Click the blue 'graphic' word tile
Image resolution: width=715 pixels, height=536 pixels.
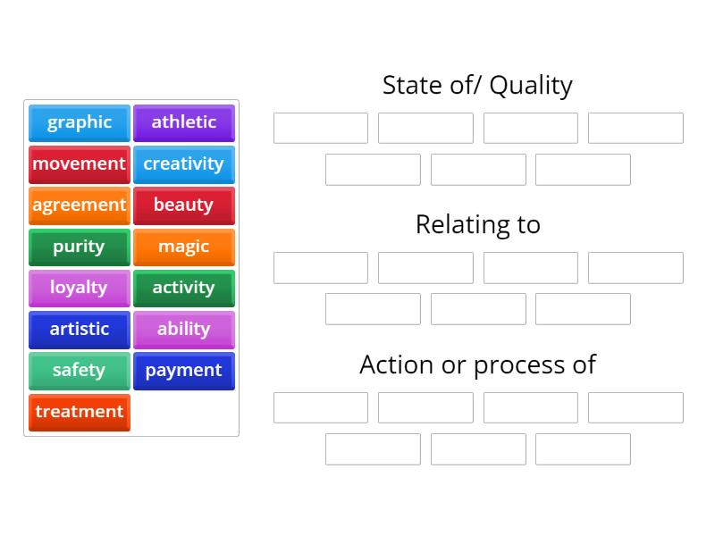(x=80, y=122)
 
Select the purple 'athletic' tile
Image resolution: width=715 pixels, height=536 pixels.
(x=184, y=122)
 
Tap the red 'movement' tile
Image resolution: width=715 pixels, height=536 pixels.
(x=80, y=163)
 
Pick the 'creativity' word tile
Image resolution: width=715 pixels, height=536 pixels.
(x=184, y=163)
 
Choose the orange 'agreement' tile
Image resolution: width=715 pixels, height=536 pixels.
(x=80, y=205)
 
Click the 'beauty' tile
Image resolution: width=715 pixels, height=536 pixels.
(x=184, y=205)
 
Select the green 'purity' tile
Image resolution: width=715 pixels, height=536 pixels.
(x=80, y=247)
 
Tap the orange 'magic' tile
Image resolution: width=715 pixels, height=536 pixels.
(x=184, y=247)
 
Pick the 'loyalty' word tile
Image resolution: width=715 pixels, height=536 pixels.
(x=80, y=288)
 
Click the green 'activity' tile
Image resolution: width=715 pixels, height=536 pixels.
(x=184, y=288)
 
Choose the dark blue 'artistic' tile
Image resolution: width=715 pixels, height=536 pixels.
(x=80, y=329)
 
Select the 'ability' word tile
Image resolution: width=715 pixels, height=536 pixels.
(x=184, y=329)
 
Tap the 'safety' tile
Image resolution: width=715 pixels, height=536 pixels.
(x=80, y=370)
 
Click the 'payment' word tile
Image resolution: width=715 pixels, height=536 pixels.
(x=184, y=370)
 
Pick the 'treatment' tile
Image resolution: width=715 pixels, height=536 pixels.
(x=80, y=412)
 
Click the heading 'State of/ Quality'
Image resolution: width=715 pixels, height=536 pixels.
(x=477, y=85)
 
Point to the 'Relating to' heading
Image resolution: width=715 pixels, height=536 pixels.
(x=477, y=224)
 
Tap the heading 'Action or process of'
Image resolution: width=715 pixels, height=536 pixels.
(x=477, y=364)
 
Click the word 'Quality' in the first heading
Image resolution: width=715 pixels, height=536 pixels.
(x=531, y=86)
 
